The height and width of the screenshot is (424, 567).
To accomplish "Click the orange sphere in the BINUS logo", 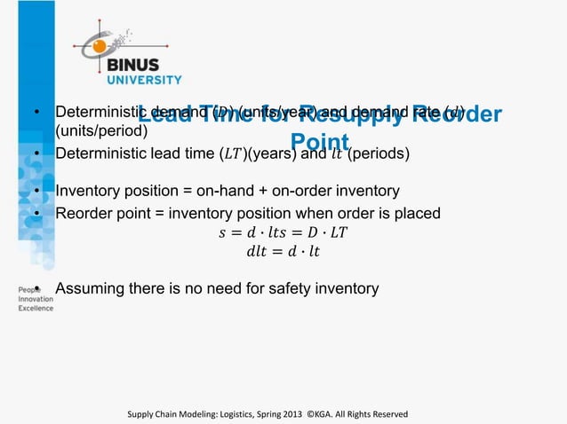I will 100,45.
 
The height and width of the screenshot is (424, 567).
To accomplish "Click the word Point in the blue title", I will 321,143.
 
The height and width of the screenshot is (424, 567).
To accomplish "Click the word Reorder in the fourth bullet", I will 83,213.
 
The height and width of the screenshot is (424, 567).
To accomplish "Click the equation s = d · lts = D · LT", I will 283,233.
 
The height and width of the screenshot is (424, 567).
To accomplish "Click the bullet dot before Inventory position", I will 36,192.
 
